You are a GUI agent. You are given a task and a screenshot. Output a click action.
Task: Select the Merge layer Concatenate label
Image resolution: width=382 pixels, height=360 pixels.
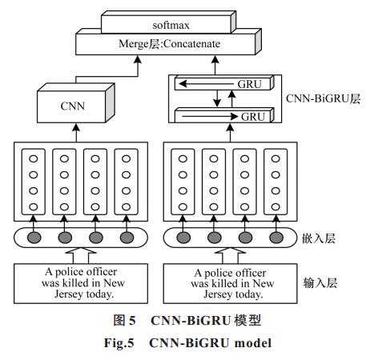point(169,43)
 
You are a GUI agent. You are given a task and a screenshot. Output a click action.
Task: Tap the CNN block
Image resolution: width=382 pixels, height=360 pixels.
point(76,103)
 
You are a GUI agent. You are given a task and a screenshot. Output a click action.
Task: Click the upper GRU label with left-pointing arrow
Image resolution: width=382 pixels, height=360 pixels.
point(250,84)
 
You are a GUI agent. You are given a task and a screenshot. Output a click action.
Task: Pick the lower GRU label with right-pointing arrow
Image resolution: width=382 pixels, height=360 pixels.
point(253,117)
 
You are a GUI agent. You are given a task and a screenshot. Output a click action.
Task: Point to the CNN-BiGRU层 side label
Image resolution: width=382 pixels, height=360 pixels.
point(323,98)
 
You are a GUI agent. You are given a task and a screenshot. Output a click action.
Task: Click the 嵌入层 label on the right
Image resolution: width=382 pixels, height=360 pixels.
point(319,238)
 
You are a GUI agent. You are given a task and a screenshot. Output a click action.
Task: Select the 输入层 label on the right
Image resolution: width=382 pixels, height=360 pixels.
point(320,282)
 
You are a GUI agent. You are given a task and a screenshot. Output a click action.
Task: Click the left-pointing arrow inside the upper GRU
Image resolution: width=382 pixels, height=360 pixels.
point(207,84)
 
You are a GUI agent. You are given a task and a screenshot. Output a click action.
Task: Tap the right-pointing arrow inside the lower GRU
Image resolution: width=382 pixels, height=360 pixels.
point(210,116)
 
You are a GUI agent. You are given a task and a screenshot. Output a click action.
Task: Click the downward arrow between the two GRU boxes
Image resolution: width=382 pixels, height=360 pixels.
point(217,98)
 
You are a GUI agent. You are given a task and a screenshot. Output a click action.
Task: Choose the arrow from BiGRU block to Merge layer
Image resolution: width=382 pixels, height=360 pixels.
point(215,65)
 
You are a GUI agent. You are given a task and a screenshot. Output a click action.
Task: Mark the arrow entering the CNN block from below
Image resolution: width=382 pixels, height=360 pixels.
point(76,133)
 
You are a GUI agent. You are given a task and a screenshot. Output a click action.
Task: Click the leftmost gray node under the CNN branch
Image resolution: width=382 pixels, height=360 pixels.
point(34,238)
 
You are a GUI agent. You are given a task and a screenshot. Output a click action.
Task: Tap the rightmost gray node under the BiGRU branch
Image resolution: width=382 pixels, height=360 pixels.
point(276,238)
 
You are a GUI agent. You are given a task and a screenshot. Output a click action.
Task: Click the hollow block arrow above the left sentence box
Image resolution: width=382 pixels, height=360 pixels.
point(81,255)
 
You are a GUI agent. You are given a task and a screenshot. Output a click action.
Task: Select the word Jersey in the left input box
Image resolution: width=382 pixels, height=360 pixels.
point(69,294)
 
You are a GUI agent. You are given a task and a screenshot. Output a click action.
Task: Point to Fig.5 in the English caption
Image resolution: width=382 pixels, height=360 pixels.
point(119,342)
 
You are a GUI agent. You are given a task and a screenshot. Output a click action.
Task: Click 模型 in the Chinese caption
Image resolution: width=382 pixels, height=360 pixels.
point(247,320)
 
